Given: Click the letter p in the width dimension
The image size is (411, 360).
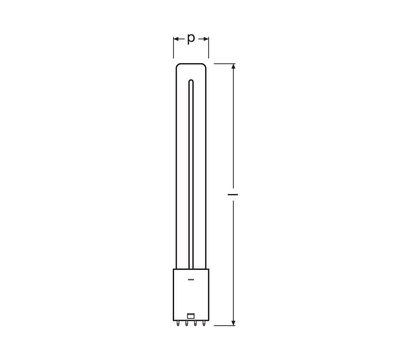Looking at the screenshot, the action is (x=191, y=39).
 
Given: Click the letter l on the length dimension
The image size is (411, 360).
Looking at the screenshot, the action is (x=232, y=195).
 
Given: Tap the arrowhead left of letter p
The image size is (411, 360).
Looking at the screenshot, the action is (x=176, y=39).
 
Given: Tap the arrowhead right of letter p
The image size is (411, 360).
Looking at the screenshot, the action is (x=206, y=39).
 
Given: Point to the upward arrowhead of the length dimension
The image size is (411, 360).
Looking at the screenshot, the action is (x=233, y=66).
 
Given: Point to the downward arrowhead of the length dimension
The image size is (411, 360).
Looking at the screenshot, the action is (x=233, y=328).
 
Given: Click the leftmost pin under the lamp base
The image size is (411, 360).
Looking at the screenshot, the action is (x=178, y=329).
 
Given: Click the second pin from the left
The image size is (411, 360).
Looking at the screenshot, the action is (x=187, y=329).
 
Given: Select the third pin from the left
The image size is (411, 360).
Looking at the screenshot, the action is (x=195, y=329).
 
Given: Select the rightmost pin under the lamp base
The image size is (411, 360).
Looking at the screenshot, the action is (x=204, y=329).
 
